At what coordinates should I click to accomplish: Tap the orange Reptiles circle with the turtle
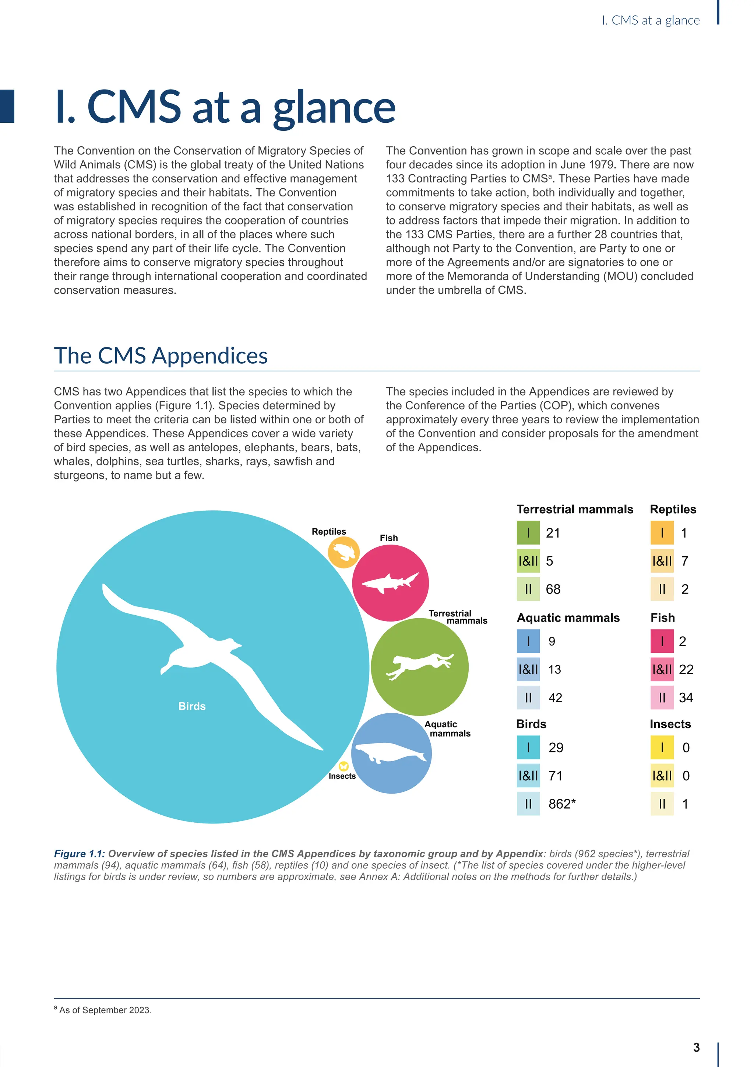[x=343, y=552]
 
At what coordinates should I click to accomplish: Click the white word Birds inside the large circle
[x=192, y=706]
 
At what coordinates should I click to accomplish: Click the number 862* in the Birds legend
[x=562, y=804]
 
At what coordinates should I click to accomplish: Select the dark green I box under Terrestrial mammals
[x=528, y=532]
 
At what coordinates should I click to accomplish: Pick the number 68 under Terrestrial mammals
[x=553, y=589]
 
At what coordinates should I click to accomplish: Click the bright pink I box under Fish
[x=662, y=641]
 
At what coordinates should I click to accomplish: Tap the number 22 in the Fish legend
[x=686, y=670]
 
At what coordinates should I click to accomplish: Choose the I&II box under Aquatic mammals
[x=528, y=670]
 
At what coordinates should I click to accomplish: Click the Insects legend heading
[x=670, y=724]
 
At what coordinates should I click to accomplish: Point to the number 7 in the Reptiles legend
[x=685, y=561]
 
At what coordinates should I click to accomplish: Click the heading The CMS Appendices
[x=161, y=356]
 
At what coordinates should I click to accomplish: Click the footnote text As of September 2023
[x=105, y=1010]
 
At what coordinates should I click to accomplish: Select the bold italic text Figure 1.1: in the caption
[x=80, y=854]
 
